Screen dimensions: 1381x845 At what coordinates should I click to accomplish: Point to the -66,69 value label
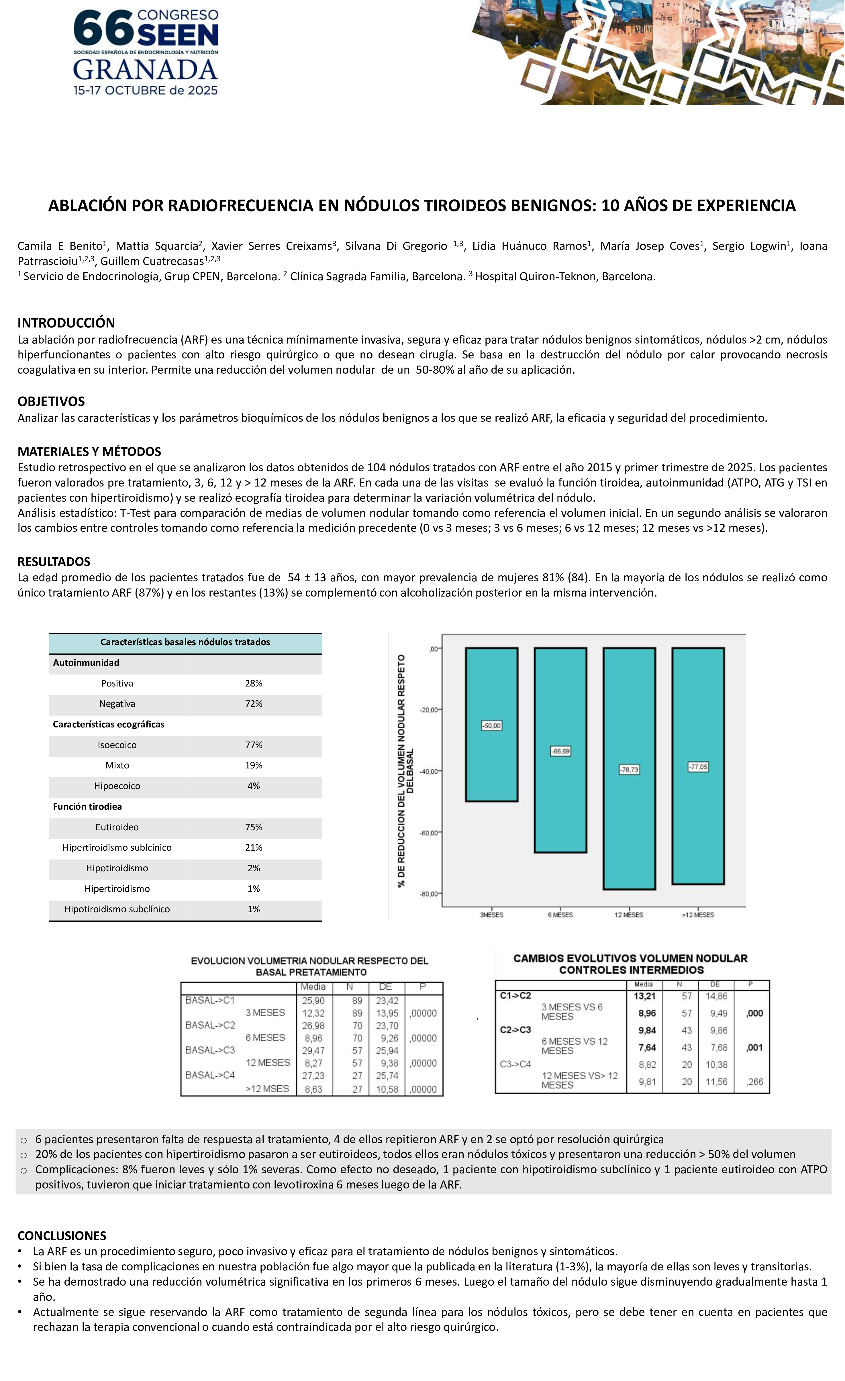[560, 751]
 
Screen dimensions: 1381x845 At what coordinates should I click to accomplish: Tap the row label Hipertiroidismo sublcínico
[117, 848]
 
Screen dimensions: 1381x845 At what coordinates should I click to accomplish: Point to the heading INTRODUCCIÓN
[66, 323]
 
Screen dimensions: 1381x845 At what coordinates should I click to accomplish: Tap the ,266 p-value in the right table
[755, 1082]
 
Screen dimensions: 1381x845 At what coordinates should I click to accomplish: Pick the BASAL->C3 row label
[210, 1050]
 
